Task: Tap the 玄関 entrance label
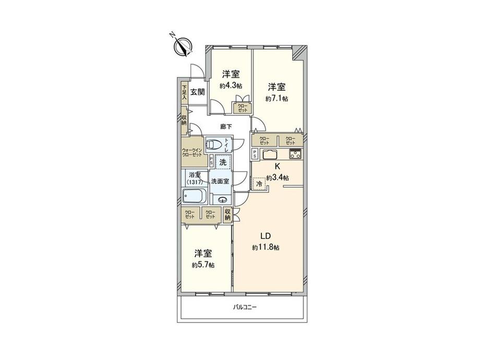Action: [x=197, y=92]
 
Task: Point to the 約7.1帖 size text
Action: [x=277, y=98]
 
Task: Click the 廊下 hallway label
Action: [x=226, y=126]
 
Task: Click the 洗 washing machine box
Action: [x=223, y=162]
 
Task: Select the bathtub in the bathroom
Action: [x=195, y=197]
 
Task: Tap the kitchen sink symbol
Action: [x=271, y=154]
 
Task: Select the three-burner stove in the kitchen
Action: [x=295, y=154]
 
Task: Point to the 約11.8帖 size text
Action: [x=266, y=248]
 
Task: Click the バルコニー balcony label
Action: [x=245, y=307]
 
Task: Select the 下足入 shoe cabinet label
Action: [x=184, y=92]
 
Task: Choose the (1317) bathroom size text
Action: [x=195, y=182]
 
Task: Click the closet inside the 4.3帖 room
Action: [x=243, y=108]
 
